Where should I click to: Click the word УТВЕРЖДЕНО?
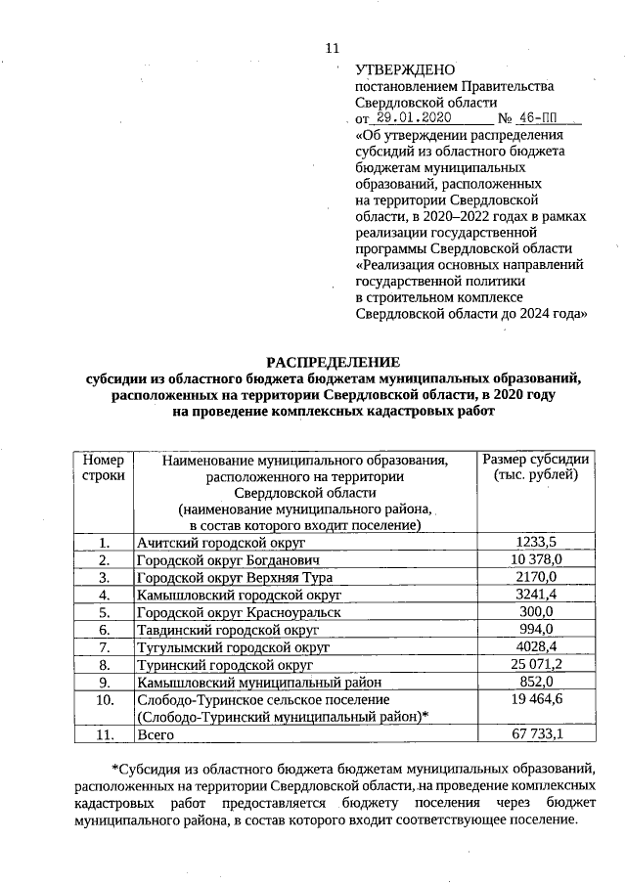click(405, 69)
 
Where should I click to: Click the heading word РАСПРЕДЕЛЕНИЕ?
click(334, 361)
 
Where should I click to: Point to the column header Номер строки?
click(104, 467)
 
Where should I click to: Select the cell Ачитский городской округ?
click(222, 542)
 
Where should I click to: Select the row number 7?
click(104, 647)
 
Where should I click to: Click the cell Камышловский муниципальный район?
click(259, 683)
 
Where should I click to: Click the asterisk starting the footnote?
click(115, 769)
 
